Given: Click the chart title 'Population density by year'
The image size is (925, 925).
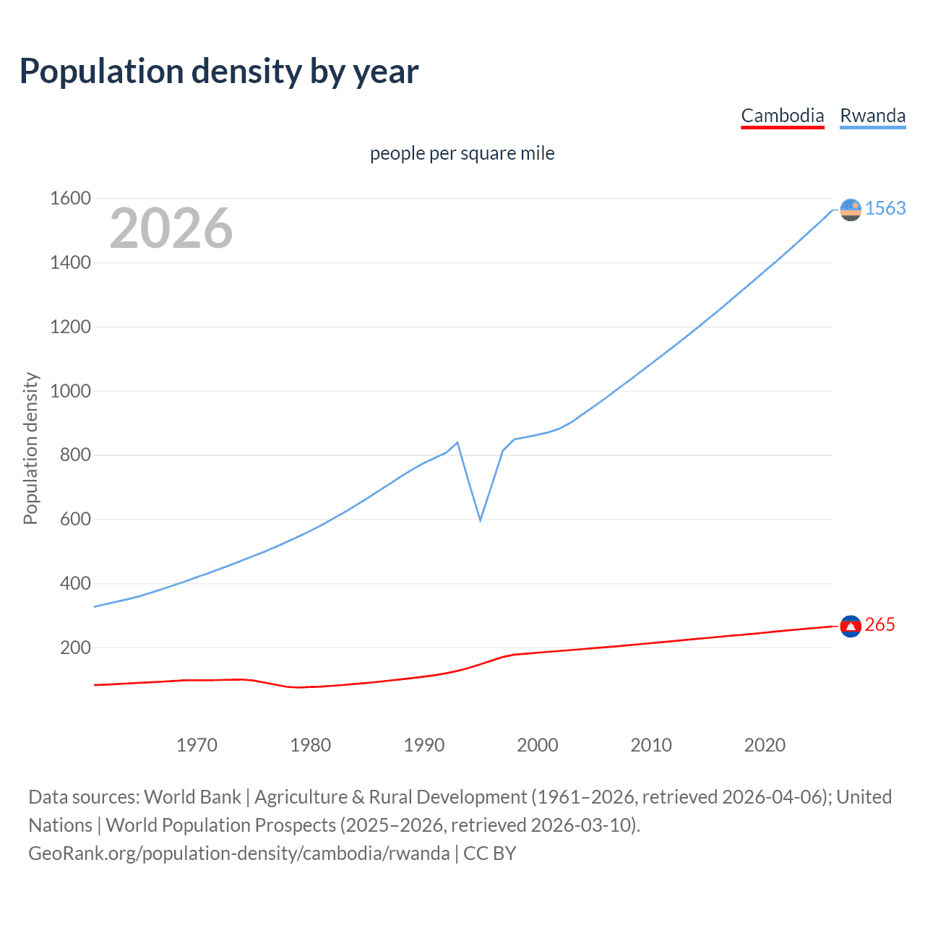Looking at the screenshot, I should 219,72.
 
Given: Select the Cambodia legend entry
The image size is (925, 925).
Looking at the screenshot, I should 783,116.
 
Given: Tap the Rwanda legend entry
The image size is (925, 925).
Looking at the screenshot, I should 872,116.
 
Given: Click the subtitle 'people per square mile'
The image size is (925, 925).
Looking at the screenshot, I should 462,153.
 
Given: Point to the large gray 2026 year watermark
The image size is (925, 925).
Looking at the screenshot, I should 171,228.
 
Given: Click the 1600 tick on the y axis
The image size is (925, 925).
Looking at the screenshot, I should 70,198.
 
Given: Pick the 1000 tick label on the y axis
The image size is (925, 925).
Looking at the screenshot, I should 70,391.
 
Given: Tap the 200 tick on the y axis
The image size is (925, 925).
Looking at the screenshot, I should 75,647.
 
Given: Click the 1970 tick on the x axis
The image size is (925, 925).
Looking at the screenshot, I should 197,745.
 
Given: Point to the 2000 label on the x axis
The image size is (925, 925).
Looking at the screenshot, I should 538,745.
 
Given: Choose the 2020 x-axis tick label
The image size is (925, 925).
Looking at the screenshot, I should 765,745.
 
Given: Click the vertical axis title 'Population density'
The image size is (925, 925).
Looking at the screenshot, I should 30,448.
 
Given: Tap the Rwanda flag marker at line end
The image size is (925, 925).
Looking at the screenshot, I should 851,210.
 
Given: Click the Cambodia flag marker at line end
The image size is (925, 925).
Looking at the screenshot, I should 851,626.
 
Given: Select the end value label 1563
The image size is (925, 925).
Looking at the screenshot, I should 885,208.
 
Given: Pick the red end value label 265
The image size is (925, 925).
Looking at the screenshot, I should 879,624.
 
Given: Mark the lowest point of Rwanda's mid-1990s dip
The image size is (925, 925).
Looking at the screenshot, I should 480,520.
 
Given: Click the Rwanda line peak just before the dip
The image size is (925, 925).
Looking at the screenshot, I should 457,442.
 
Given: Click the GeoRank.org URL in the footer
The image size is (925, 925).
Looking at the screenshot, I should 238,853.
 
